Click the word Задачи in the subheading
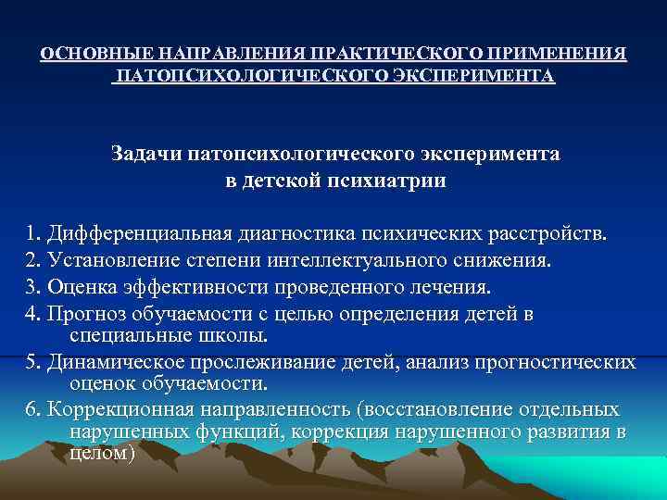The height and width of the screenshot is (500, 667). click(148, 153)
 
